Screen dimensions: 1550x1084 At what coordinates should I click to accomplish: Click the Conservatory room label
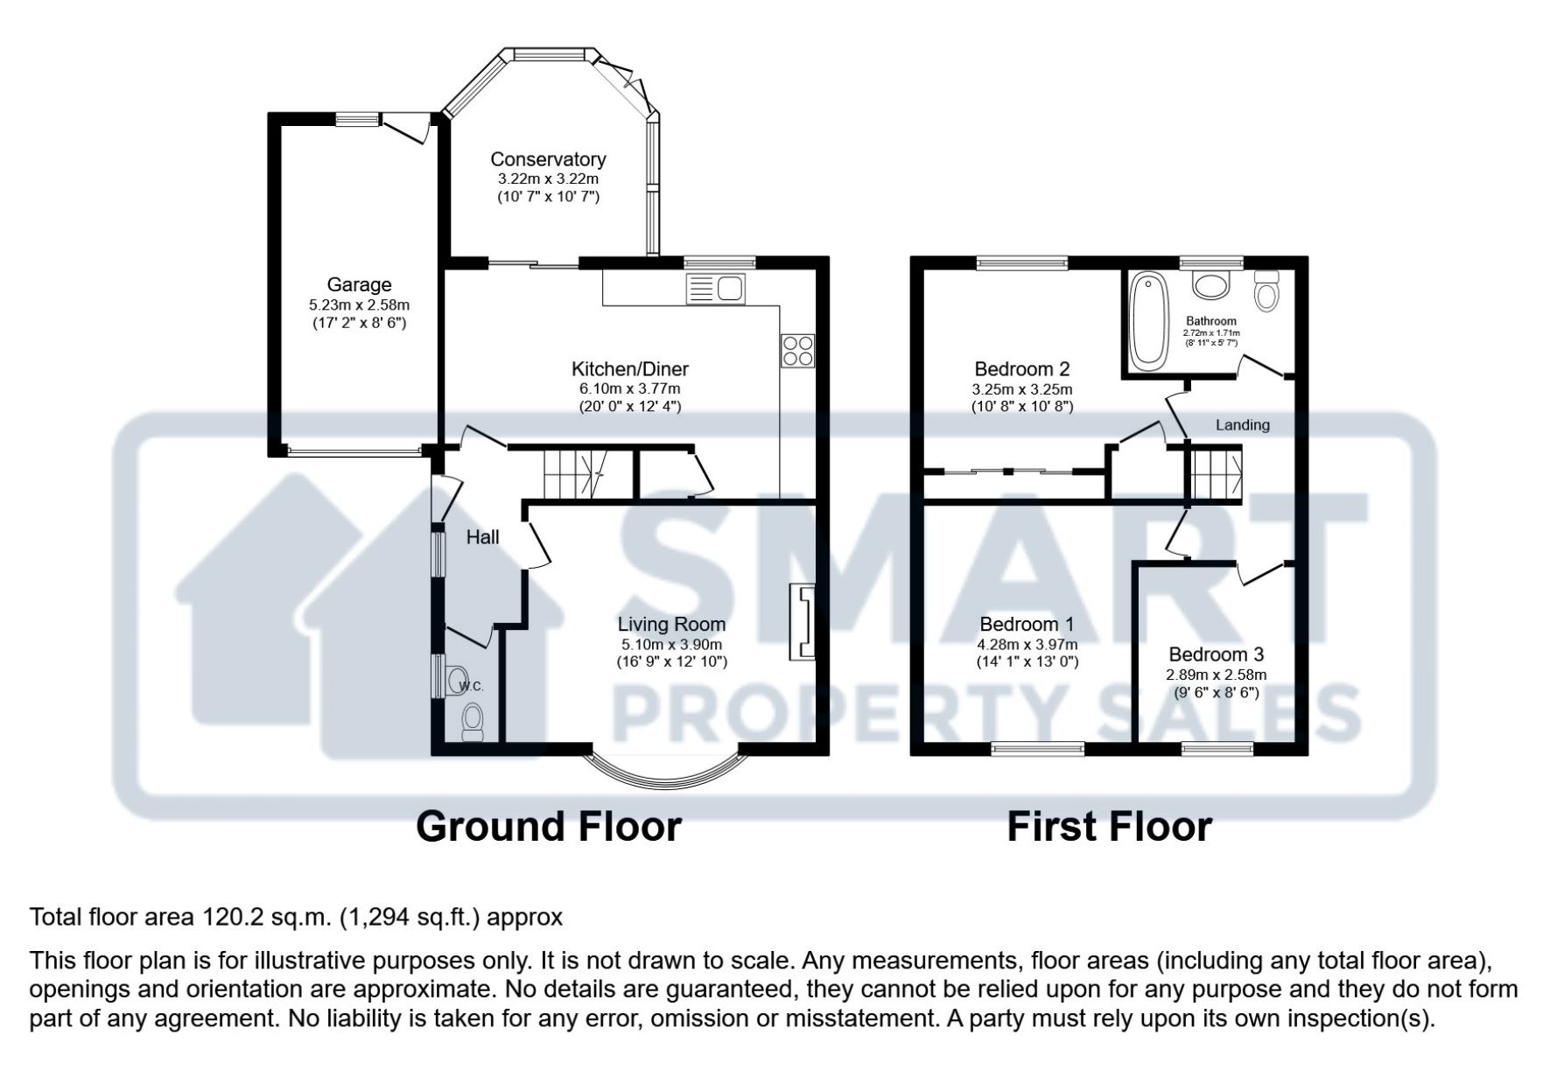pyautogui.click(x=548, y=159)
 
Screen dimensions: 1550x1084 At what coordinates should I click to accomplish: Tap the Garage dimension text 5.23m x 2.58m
pyautogui.click(x=359, y=305)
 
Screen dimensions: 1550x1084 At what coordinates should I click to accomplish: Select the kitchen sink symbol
pyautogui.click(x=715, y=288)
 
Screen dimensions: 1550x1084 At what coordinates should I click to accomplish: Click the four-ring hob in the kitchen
pyautogui.click(x=797, y=351)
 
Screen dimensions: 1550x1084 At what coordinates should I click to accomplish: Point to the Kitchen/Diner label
pyautogui.click(x=630, y=369)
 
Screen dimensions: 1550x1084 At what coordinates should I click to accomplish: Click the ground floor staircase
pyautogui.click(x=576, y=473)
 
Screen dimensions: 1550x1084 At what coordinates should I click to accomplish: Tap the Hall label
pyautogui.click(x=482, y=537)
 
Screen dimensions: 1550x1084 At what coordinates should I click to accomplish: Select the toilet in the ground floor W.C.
pyautogui.click(x=473, y=723)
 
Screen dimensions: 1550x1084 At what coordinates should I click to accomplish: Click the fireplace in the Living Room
pyautogui.click(x=802, y=621)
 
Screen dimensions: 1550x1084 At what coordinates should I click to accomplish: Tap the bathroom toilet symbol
pyautogui.click(x=1266, y=291)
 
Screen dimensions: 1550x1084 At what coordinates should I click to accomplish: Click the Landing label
pyautogui.click(x=1242, y=425)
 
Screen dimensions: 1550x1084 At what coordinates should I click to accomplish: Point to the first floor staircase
pyautogui.click(x=1213, y=473)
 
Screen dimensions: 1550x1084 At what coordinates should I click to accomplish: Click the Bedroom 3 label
pyautogui.click(x=1216, y=654)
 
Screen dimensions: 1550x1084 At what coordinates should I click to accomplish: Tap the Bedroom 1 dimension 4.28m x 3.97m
pyautogui.click(x=1027, y=645)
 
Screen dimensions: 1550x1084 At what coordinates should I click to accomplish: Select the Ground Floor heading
pyautogui.click(x=549, y=827)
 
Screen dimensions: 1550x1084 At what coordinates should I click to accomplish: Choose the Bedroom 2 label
pyautogui.click(x=1022, y=369)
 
